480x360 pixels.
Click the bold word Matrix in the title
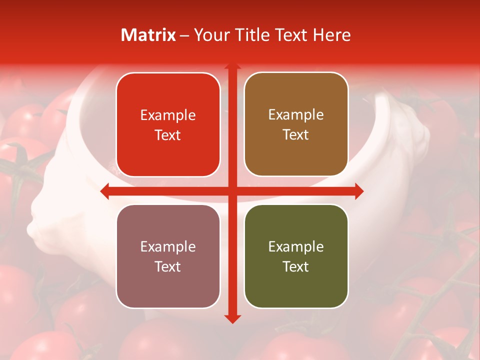point(148,35)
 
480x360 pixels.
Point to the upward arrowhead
point(232,66)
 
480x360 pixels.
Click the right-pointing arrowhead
point(358,191)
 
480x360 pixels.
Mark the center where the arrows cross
point(232,191)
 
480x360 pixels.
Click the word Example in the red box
point(168,115)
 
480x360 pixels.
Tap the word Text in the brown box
point(296,135)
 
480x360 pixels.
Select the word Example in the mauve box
point(168,247)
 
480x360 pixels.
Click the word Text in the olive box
point(296,266)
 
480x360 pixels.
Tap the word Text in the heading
point(290,35)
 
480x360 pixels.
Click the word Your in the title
point(210,35)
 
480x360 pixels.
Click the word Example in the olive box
point(296,247)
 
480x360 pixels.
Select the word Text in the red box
point(168,135)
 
